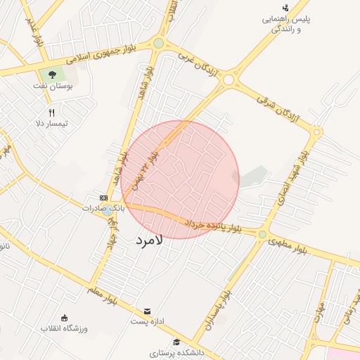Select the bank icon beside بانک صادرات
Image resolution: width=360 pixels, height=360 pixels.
click(103, 198)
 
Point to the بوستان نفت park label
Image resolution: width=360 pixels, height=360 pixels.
click(53, 86)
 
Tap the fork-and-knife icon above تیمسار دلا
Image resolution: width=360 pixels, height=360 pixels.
click(51, 112)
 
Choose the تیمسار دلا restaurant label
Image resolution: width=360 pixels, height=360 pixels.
click(53, 124)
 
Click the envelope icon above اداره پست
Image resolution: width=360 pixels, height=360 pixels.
click(147, 311)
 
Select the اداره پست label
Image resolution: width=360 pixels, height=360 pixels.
click(147, 321)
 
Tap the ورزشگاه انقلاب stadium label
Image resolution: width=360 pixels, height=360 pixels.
click(63, 328)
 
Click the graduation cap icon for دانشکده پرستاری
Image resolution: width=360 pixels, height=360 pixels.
click(175, 341)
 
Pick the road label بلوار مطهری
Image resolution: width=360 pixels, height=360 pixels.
click(288, 245)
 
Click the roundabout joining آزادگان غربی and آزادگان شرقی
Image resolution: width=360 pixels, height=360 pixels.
click(229, 80)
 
